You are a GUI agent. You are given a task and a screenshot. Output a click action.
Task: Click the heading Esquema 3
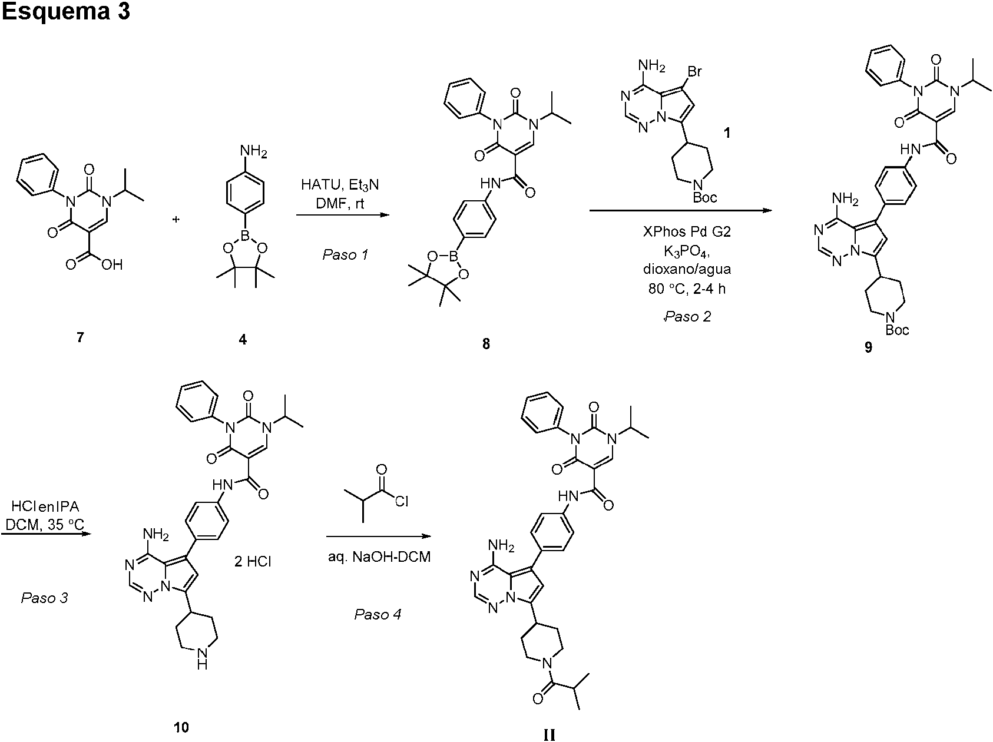pyautogui.click(x=65, y=12)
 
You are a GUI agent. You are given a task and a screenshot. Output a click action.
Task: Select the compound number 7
pyautogui.click(x=81, y=339)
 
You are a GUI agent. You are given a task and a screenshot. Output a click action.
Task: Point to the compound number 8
pyautogui.click(x=486, y=344)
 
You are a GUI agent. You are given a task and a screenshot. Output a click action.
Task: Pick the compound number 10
pyautogui.click(x=181, y=727)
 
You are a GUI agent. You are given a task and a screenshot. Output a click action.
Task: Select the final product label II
pyautogui.click(x=548, y=734)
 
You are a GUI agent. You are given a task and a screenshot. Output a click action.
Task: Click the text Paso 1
pyautogui.click(x=346, y=255)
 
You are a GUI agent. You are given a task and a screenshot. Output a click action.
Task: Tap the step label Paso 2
pyautogui.click(x=687, y=316)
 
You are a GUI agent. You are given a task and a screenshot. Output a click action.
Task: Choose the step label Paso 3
pyautogui.click(x=45, y=598)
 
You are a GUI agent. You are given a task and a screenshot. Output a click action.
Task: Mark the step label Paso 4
pyautogui.click(x=378, y=615)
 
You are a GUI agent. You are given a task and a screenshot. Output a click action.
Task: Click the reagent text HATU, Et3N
pyautogui.click(x=340, y=184)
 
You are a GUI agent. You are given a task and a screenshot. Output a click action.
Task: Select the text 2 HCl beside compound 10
pyautogui.click(x=253, y=561)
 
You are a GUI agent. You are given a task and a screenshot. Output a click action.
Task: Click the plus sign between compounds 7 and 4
pyautogui.click(x=176, y=219)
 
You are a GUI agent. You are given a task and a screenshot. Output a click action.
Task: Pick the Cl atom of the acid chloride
pyautogui.click(x=402, y=501)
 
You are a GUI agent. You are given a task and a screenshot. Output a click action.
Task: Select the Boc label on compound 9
pyautogui.click(x=897, y=330)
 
